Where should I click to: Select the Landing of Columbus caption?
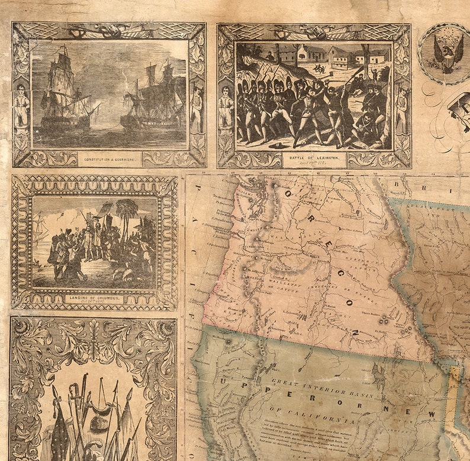pyautogui.click(x=95, y=298)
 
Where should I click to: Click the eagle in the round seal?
pyautogui.click(x=447, y=53)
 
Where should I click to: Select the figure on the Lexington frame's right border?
pyautogui.click(x=403, y=106)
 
